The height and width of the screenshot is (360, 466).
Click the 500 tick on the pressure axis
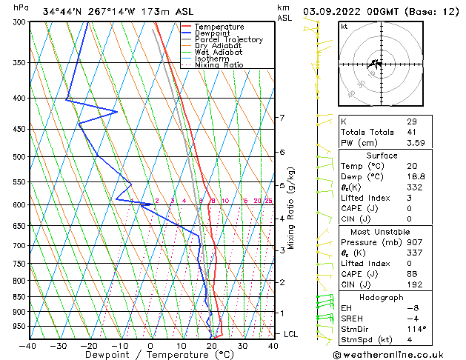point(20,157)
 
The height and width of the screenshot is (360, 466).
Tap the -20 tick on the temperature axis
point(89,345)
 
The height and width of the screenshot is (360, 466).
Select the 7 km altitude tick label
point(282,118)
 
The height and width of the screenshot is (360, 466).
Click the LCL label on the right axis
point(291,334)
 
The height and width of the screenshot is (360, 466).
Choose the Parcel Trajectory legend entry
point(228,39)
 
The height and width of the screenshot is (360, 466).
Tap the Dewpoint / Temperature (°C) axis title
point(150,355)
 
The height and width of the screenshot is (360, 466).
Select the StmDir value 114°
point(416,329)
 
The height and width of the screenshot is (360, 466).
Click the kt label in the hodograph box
point(344,26)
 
